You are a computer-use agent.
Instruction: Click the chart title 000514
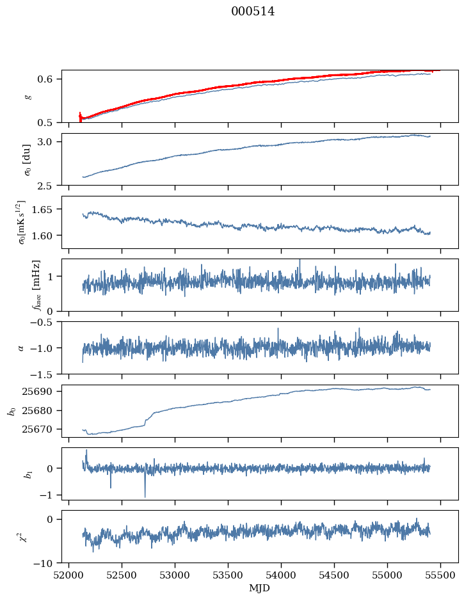tap(253, 12)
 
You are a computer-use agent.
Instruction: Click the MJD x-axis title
tap(259, 588)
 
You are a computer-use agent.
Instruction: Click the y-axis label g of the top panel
tap(28, 96)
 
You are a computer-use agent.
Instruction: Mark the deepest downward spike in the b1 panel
tap(145, 497)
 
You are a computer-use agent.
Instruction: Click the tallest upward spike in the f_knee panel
tap(300, 260)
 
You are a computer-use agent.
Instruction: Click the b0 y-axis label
tap(12, 411)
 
